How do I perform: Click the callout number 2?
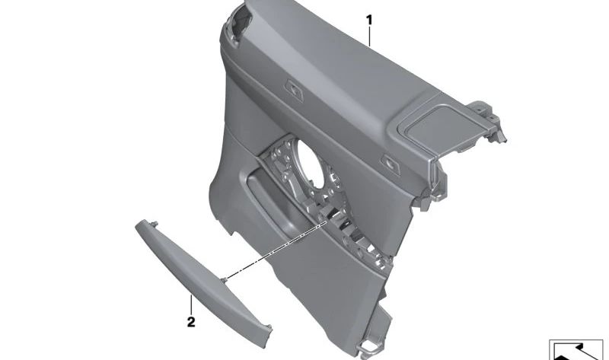click(x=191, y=322)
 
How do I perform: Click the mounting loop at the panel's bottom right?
click(x=371, y=346)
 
